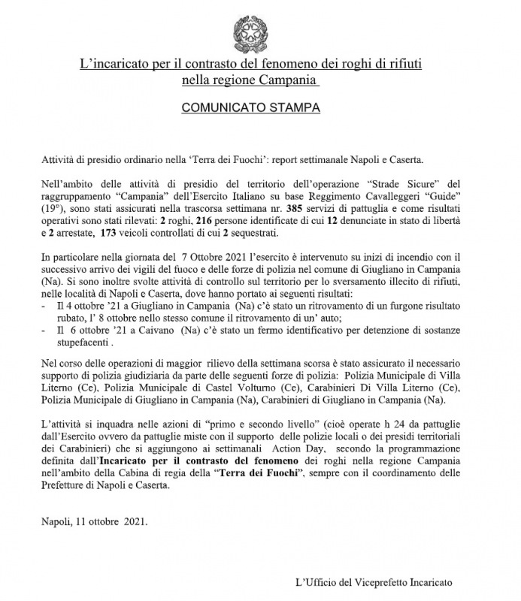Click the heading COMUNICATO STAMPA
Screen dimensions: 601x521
click(252, 108)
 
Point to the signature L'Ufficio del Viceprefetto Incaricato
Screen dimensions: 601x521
click(374, 581)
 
